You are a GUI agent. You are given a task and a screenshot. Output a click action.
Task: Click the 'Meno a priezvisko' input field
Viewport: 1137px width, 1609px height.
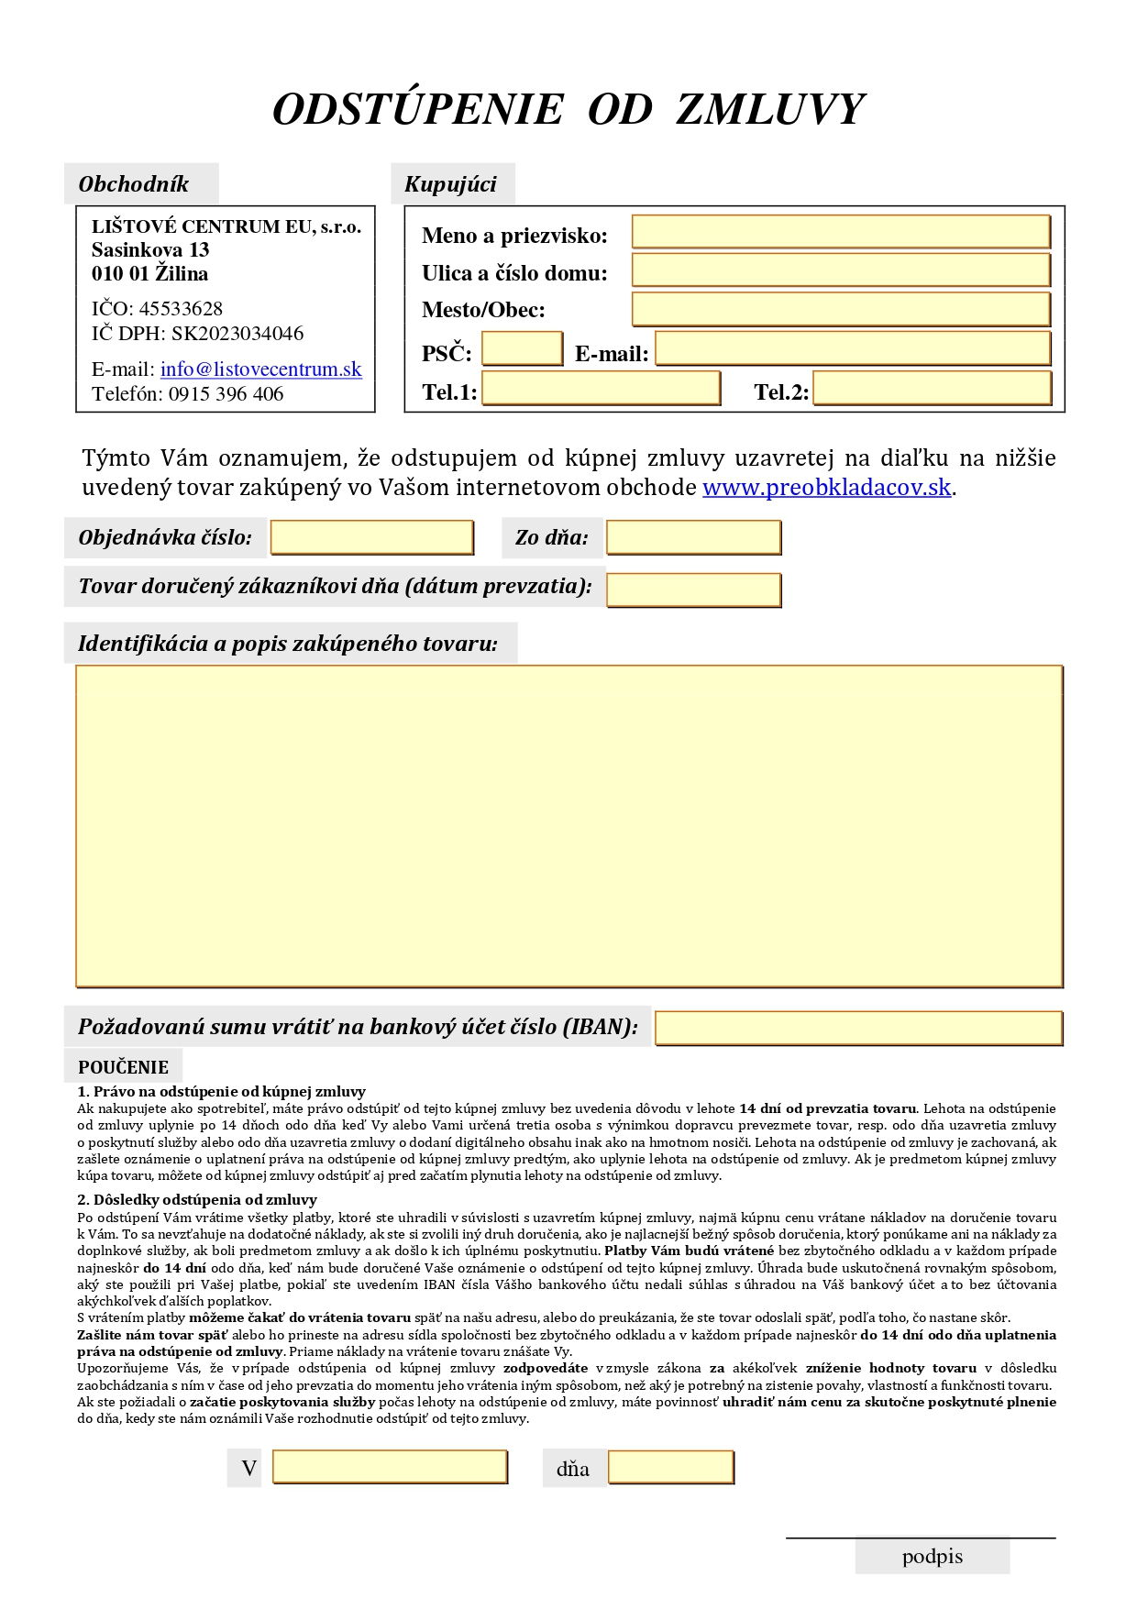[x=840, y=232]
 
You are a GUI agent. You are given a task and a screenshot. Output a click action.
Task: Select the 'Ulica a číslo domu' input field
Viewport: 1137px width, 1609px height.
[x=840, y=270]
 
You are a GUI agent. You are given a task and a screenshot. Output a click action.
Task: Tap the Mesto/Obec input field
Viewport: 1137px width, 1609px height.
[x=840, y=309]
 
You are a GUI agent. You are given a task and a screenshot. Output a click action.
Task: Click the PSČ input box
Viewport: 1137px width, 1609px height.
[x=522, y=349]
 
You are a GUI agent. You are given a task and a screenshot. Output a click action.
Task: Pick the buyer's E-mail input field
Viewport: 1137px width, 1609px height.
[x=853, y=349]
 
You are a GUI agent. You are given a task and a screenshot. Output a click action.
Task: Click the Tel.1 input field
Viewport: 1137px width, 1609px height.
[x=601, y=389]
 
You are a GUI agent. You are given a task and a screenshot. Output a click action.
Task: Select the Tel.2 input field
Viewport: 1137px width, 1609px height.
[x=932, y=389]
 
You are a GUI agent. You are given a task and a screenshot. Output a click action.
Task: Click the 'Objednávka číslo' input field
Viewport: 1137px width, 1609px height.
[x=371, y=538]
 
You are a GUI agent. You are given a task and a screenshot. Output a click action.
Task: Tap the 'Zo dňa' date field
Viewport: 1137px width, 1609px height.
[x=693, y=538]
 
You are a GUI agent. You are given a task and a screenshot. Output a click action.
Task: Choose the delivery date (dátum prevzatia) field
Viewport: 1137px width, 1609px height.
[x=693, y=590]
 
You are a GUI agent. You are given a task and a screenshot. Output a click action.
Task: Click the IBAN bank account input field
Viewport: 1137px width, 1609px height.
[x=858, y=1029]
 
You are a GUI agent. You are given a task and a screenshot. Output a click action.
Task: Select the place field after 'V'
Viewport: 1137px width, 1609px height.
[x=390, y=1467]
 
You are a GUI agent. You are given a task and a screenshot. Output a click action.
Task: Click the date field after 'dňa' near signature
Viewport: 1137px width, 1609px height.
[x=670, y=1467]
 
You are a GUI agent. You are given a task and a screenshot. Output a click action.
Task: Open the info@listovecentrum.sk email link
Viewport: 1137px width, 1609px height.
[x=260, y=369]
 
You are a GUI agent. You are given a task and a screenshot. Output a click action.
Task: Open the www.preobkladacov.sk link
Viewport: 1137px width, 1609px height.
[x=826, y=488]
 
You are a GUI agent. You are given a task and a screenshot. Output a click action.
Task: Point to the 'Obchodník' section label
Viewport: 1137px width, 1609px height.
[x=134, y=184]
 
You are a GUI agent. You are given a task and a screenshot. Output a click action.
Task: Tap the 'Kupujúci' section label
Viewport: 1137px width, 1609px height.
[x=450, y=184]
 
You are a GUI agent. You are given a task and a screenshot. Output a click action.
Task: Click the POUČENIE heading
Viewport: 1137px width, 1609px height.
[x=123, y=1067]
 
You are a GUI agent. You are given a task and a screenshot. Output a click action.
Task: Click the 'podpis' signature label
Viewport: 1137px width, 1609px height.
[x=932, y=1557]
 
